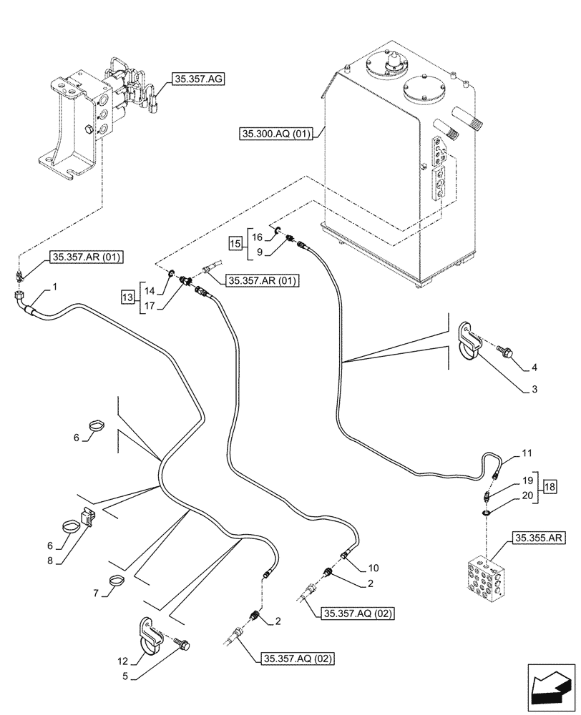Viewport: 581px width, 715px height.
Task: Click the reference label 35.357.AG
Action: tap(197, 79)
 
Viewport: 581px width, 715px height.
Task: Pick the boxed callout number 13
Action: tap(127, 297)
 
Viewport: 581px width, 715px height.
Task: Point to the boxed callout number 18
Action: tap(548, 488)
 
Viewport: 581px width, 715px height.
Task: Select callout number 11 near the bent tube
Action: tap(527, 453)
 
